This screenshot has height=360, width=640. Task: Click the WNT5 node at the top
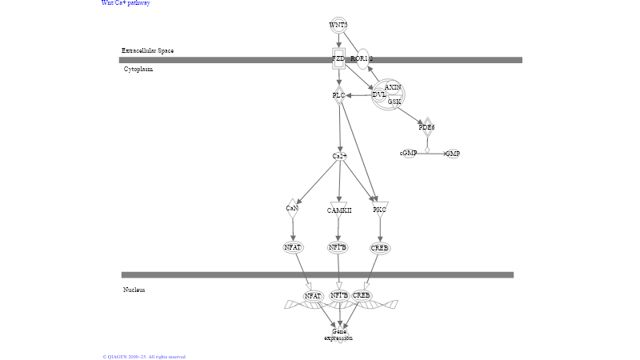click(x=338, y=25)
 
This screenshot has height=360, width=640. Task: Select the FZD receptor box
click(x=338, y=59)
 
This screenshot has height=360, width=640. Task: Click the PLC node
click(x=338, y=95)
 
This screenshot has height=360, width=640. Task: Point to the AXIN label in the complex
click(x=393, y=86)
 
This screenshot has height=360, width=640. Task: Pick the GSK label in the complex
click(x=394, y=102)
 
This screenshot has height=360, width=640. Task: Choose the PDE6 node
click(x=426, y=127)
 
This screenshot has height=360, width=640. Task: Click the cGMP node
click(x=409, y=153)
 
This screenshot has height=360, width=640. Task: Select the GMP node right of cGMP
click(x=453, y=153)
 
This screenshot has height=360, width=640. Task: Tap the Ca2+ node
click(x=339, y=155)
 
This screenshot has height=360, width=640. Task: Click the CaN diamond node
click(x=292, y=209)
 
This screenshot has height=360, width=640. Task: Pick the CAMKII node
click(x=339, y=210)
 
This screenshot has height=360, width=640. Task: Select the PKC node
click(x=380, y=210)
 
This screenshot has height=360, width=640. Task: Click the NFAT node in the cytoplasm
click(x=293, y=247)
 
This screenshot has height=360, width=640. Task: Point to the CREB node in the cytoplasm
click(x=380, y=248)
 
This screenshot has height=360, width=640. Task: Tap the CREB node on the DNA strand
click(x=362, y=296)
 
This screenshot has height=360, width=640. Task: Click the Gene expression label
click(x=338, y=334)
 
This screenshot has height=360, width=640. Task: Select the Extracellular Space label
click(x=147, y=50)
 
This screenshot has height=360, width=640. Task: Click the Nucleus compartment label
click(x=134, y=290)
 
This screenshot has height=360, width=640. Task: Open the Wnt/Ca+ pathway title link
click(x=126, y=3)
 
